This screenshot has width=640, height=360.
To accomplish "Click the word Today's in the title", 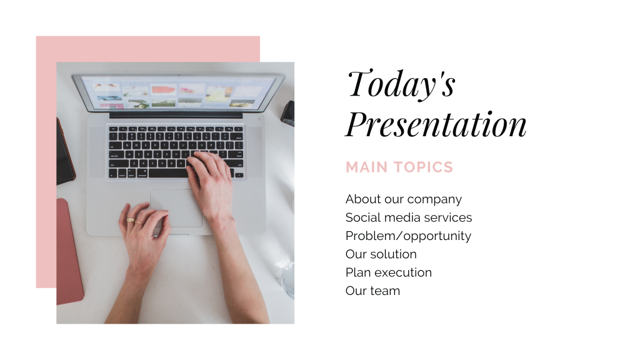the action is (402, 84).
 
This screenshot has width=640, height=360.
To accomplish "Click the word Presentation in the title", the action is (436, 124).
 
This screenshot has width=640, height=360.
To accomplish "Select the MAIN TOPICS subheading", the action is (399, 167).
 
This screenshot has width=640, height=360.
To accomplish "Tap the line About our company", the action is (404, 199).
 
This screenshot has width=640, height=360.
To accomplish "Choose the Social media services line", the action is (409, 217).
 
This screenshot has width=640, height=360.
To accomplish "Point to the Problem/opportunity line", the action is (408, 236).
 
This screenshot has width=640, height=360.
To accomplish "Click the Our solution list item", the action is (381, 254).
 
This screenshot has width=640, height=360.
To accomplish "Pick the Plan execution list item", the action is (389, 272).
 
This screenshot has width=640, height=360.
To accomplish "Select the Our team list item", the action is (372, 291).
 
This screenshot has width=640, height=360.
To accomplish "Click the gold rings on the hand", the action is (134, 221).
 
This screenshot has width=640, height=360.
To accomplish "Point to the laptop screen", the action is (178, 94).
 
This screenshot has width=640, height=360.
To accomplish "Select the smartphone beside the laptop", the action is (65, 152).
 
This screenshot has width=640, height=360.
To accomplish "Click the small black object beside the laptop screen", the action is (287, 114).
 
